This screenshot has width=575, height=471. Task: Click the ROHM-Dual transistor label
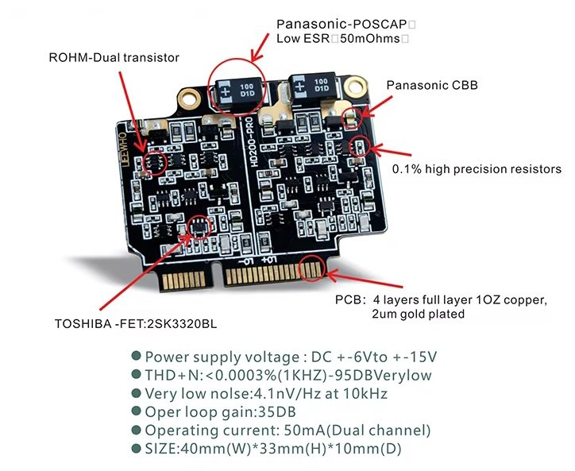tap(114, 58)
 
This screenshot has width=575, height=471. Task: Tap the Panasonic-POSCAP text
tap(342, 25)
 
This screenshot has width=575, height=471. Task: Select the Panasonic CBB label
tap(432, 86)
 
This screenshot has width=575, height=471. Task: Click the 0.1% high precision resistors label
tap(477, 169)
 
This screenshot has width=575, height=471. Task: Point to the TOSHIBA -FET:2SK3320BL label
tap(136, 324)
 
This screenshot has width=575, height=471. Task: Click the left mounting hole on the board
tap(190, 99)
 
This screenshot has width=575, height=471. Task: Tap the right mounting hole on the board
tap(354, 87)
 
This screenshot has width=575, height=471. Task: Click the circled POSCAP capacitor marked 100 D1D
tap(240, 91)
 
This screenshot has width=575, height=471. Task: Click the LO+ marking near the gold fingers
tap(268, 260)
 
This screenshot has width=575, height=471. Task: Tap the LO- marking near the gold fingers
tap(246, 261)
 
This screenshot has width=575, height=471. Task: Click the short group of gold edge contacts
tap(183, 281)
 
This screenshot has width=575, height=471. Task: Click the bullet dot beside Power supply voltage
tap(136, 356)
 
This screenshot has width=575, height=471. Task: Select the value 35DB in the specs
tap(277, 412)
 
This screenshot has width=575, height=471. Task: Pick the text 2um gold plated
tap(418, 315)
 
